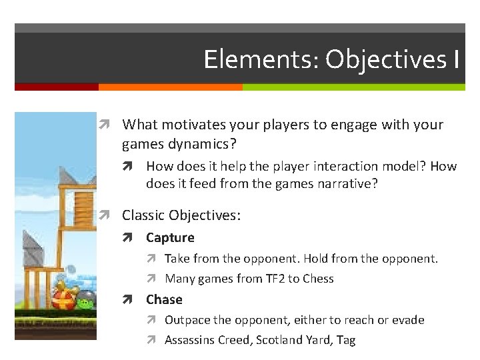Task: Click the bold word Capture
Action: coord(170,237)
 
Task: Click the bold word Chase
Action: coord(164,299)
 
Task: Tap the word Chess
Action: coord(318,279)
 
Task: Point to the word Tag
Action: coord(346,340)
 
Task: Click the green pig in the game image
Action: coord(85,303)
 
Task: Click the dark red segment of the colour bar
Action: coord(57,87)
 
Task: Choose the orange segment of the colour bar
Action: coord(170,87)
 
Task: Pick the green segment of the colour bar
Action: coord(353,87)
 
